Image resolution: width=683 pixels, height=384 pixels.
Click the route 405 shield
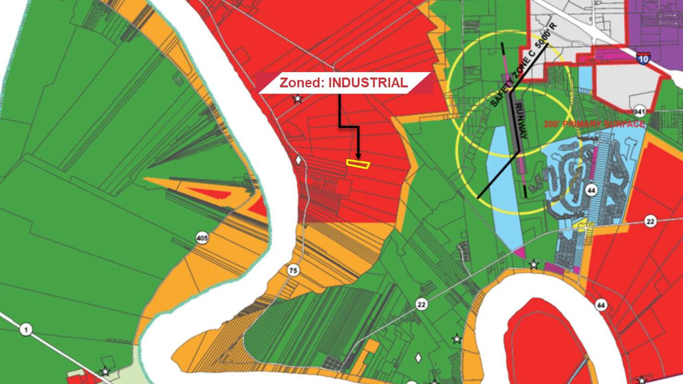coord(202,239)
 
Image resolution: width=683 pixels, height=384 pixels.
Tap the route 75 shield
coord(293,270)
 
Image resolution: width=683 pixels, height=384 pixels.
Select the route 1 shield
coord(26,330)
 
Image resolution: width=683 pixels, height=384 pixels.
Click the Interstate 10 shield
coord(644,58)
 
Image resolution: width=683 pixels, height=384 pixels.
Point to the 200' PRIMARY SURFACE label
coord(594,125)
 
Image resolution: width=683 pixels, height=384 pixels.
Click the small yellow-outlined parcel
coord(358,164)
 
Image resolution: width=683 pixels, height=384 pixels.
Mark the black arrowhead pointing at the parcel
coord(358,155)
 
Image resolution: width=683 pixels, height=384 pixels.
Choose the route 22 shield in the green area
coord(421,304)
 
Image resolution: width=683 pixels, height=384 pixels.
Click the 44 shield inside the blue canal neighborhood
coord(591,189)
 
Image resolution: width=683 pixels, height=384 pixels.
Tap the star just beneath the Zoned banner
coord(298,98)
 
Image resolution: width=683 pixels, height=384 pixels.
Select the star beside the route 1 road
coord(106,371)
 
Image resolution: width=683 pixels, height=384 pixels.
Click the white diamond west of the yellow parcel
coord(299,160)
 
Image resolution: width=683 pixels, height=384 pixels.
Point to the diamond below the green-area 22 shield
coord(418,358)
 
